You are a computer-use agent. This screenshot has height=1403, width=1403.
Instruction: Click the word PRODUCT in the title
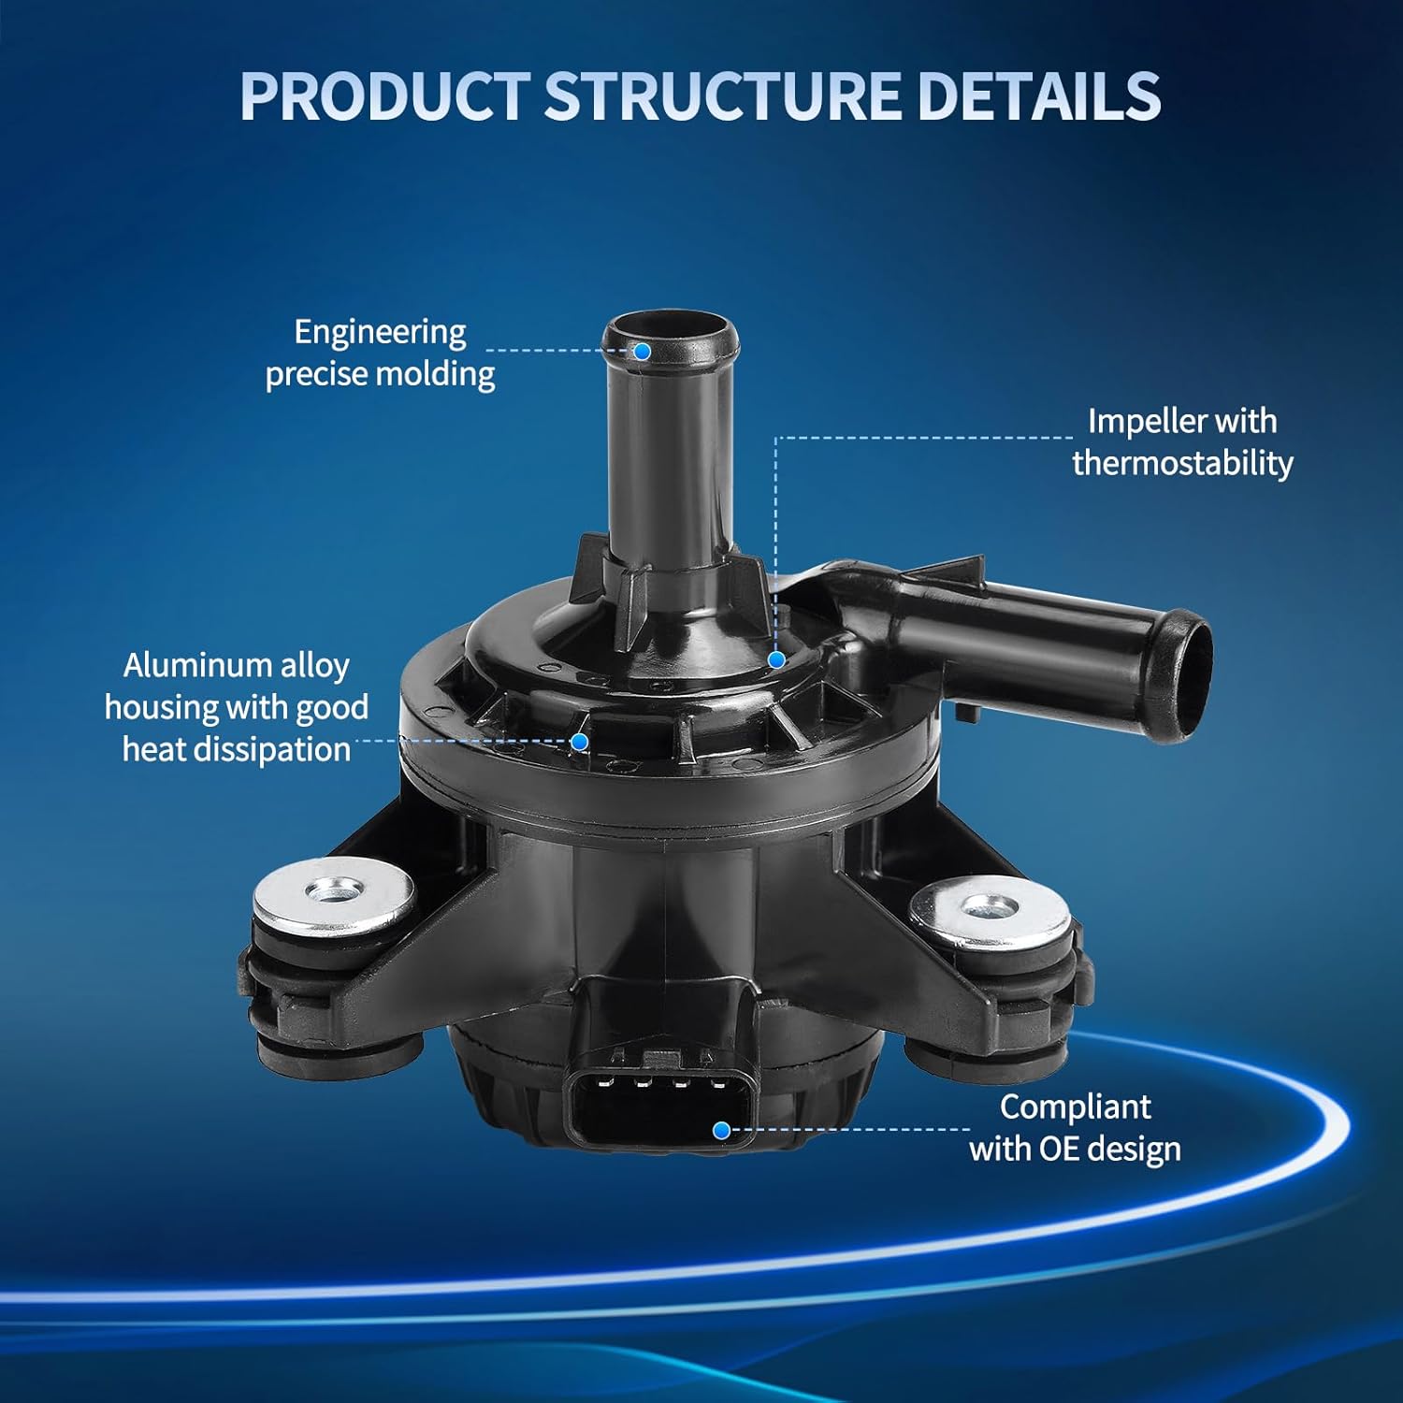tap(384, 95)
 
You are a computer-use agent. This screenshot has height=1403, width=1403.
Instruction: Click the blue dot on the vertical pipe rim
tap(643, 351)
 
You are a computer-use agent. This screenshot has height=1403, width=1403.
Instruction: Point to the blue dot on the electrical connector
tap(721, 1130)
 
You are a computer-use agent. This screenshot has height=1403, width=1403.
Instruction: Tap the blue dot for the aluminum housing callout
tap(580, 742)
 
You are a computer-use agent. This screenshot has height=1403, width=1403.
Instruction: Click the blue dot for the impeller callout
tap(776, 659)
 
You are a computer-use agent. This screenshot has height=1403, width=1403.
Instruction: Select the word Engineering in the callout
tap(380, 333)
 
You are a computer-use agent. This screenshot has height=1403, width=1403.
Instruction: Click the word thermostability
tap(1182, 463)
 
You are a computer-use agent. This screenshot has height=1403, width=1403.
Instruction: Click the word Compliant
tap(1075, 1107)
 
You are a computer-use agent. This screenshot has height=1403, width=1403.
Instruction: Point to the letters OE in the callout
tap(1057, 1149)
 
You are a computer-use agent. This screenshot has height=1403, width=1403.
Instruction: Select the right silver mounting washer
tap(991, 910)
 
